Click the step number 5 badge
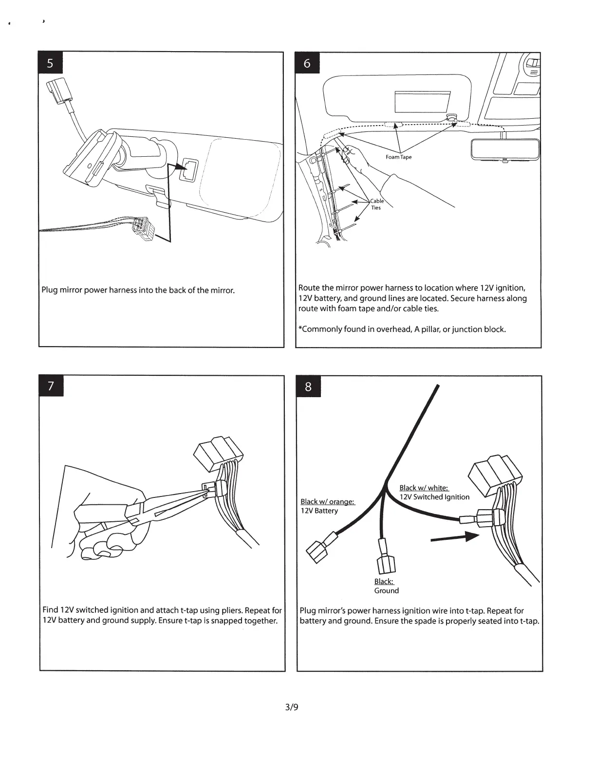pyautogui.click(x=51, y=64)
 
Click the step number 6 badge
pyautogui.click(x=307, y=63)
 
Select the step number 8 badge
pyautogui.click(x=308, y=387)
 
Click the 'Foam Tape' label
pyautogui.click(x=398, y=157)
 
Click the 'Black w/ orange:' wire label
pyautogui.click(x=327, y=502)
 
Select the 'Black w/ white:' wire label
pyautogui.click(x=424, y=488)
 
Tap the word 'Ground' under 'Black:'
pyautogui.click(x=386, y=591)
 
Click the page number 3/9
pyautogui.click(x=292, y=707)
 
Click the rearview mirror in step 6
pyautogui.click(x=505, y=149)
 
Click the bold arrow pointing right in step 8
pyautogui.click(x=452, y=537)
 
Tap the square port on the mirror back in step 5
pyautogui.click(x=188, y=169)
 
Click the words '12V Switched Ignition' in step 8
pyautogui.click(x=434, y=497)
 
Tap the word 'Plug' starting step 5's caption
pyautogui.click(x=49, y=291)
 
